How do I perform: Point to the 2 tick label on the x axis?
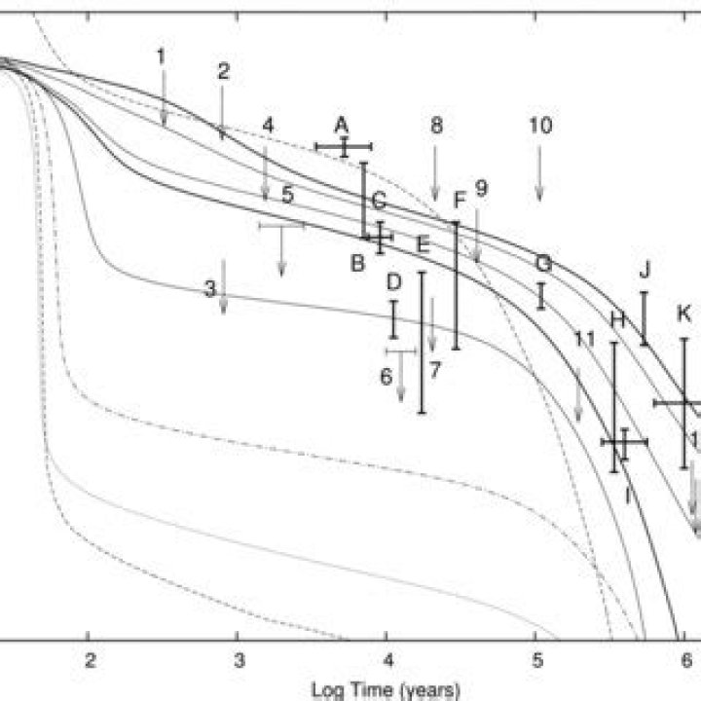click(x=90, y=658)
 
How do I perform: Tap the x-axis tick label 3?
click(x=239, y=658)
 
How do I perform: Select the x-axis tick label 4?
click(x=387, y=658)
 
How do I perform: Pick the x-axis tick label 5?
click(x=536, y=658)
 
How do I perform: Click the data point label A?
click(x=341, y=125)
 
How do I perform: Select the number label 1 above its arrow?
click(x=162, y=55)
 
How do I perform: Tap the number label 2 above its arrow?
click(x=223, y=71)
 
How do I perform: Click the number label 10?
click(x=540, y=126)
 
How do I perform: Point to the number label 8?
click(x=436, y=126)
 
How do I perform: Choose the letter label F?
click(x=461, y=200)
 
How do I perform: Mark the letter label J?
click(x=645, y=268)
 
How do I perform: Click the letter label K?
click(x=684, y=314)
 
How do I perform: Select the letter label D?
click(x=393, y=282)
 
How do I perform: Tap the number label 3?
click(x=209, y=289)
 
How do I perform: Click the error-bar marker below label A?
click(x=344, y=147)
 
